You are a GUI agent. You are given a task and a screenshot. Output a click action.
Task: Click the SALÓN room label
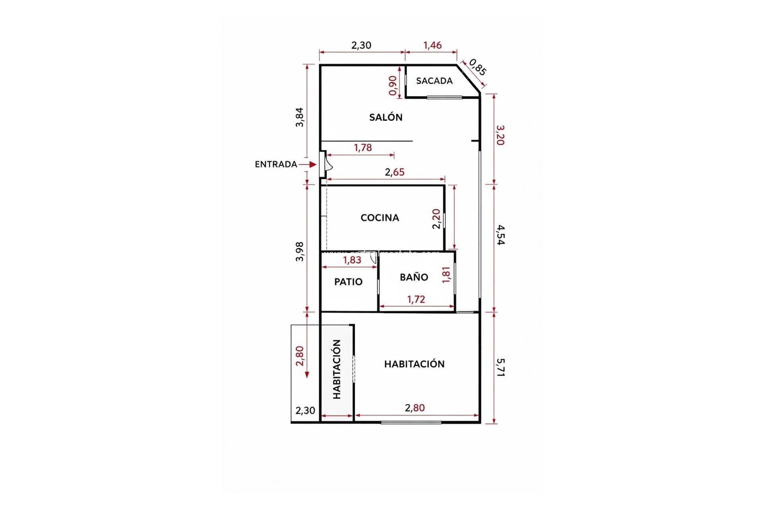point(386,117)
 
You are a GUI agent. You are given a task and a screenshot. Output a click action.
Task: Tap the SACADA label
point(434,81)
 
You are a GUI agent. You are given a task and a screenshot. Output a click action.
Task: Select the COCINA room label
point(380,218)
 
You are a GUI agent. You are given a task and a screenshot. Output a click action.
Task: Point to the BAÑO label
point(414,277)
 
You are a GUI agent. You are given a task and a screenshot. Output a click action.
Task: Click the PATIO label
point(348,282)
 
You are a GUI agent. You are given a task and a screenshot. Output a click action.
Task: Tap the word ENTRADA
point(276,164)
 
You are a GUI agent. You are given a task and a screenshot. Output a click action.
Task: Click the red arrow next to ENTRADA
point(308,164)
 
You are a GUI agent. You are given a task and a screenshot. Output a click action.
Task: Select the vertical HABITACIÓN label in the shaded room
point(337,369)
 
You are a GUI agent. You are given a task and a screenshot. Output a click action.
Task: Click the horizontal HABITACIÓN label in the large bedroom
point(414,364)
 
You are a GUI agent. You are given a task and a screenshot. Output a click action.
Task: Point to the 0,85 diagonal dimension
point(477,67)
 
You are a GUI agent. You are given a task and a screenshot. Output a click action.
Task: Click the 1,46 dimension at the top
point(432,45)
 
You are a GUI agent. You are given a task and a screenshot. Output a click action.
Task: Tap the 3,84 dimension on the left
point(300,117)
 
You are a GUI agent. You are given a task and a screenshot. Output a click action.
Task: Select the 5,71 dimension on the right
point(500,367)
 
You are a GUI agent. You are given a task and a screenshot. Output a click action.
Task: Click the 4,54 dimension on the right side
point(500,235)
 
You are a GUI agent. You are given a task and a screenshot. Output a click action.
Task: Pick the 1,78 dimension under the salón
point(363,148)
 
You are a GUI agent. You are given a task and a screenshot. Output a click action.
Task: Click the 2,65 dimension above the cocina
point(394,172)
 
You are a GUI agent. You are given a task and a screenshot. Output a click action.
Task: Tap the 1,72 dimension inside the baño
point(416,299)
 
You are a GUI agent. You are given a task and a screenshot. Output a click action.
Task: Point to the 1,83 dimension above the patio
point(352,260)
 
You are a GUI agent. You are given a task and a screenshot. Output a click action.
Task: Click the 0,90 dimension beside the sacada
point(393,85)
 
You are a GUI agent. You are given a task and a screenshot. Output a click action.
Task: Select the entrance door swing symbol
point(328,164)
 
